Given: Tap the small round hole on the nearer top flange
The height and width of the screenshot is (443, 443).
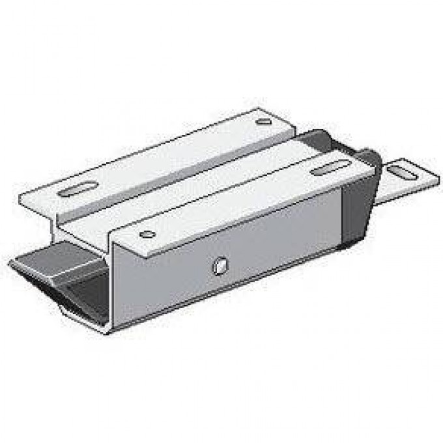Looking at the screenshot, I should click(148, 235).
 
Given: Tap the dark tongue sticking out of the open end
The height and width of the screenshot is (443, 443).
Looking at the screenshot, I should click(52, 261).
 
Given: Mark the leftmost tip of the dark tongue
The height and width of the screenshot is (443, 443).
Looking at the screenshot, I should click(10, 264).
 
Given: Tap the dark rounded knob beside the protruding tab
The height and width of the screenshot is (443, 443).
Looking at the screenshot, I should click(370, 159).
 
